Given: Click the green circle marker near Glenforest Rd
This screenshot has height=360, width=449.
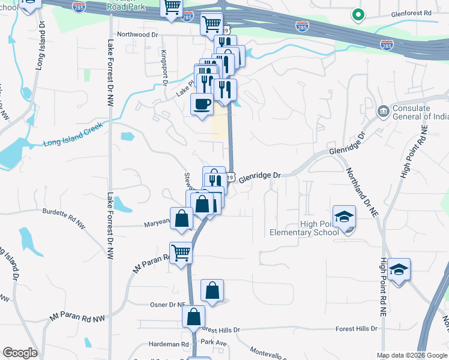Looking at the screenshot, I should click(x=358, y=14).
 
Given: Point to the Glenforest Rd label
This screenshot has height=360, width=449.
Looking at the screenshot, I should click(x=411, y=12).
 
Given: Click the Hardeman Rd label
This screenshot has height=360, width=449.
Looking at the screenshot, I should click(x=168, y=344).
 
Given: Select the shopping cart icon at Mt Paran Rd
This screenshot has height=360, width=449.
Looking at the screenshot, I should click(x=181, y=253).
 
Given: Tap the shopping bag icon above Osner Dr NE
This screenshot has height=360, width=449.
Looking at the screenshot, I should click(x=212, y=290).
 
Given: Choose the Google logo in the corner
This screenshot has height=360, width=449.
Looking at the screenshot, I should click(x=20, y=353).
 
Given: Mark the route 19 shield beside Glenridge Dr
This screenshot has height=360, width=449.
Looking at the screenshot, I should click(x=230, y=177).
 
